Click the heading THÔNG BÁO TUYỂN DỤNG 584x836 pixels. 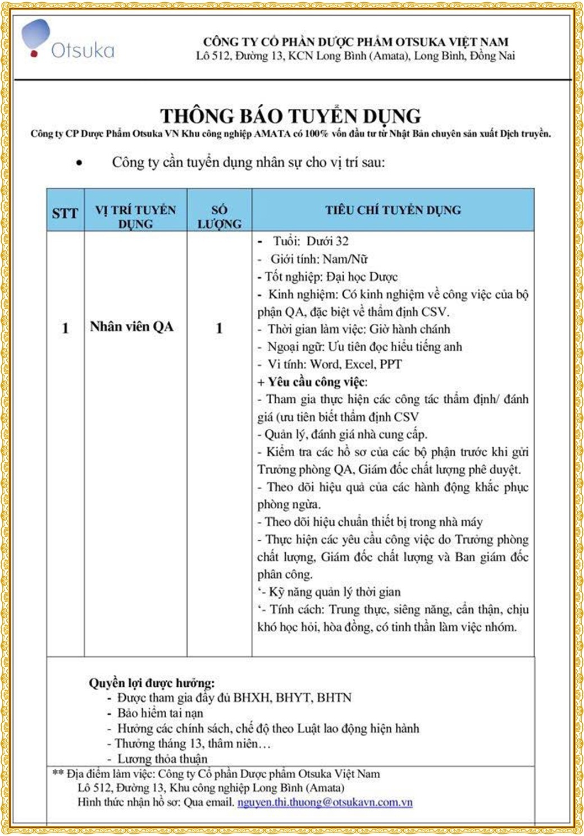pos(291,116)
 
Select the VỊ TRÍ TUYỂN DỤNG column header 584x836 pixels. pos(135,217)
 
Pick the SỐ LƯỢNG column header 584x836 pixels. pos(219,217)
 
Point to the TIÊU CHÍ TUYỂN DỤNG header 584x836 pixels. pos(393,210)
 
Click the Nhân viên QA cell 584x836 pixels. pos(131,327)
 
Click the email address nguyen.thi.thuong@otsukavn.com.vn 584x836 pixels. pos(325,802)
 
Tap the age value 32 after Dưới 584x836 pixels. pos(342,241)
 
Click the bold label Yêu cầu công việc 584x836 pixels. pos(317,382)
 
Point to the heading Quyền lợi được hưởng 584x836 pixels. pos(152,683)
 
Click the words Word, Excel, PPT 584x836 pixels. pos(356,364)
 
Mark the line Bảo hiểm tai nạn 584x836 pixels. pos(160,713)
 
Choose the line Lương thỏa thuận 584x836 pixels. pos(162,759)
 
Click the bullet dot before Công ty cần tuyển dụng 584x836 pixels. pos(80,163)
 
